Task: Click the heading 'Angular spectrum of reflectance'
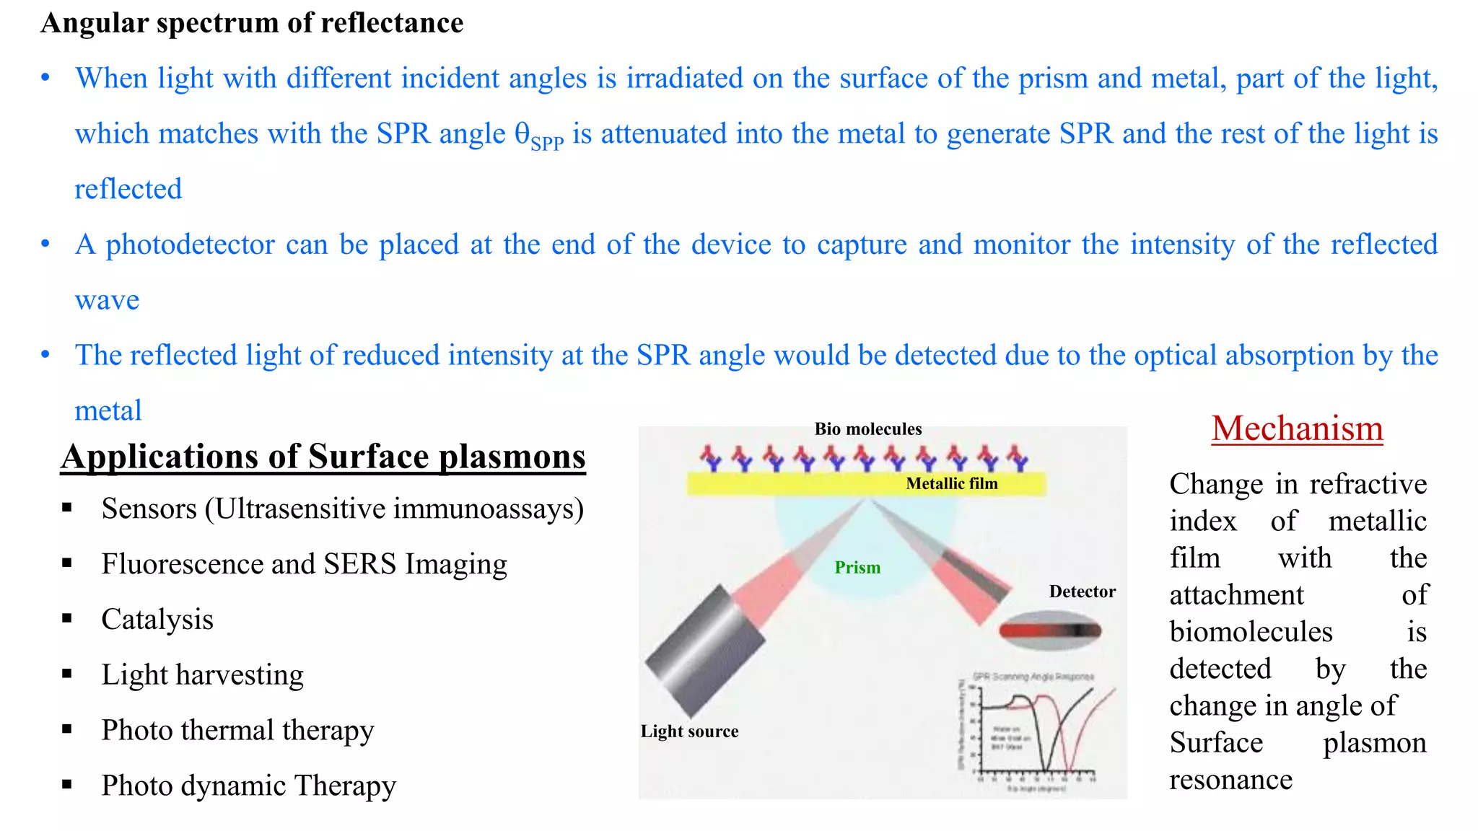tap(252, 23)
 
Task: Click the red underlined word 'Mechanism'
tap(1297, 428)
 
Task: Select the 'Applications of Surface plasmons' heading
tap(323, 457)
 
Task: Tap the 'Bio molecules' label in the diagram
tap(867, 429)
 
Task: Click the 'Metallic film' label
tap(951, 484)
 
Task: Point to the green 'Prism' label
tap(857, 568)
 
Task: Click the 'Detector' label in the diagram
tap(1082, 592)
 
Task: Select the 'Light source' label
tap(689, 731)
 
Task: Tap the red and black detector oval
tap(1050, 630)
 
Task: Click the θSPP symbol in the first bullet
tap(538, 136)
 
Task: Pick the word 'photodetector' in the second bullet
tap(190, 245)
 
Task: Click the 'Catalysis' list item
tap(157, 620)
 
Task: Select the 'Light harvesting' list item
tap(202, 675)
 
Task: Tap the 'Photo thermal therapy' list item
tap(237, 731)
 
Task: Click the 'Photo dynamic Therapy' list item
tap(248, 786)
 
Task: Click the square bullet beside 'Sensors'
tap(67, 509)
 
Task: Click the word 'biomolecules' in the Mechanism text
tap(1251, 632)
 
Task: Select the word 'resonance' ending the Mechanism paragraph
tap(1230, 780)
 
